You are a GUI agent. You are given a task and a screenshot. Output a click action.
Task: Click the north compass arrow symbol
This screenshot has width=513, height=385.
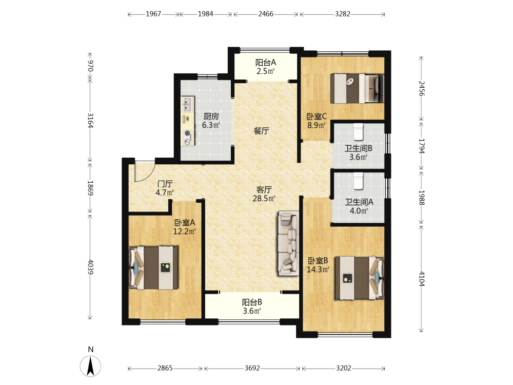click(x=90, y=366)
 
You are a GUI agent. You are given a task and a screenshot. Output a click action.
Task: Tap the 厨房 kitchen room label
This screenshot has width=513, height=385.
click(x=211, y=116)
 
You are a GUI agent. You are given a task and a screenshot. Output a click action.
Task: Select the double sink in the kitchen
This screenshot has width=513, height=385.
click(x=188, y=104)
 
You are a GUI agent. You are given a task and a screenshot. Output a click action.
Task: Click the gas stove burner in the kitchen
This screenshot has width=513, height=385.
click(x=188, y=137)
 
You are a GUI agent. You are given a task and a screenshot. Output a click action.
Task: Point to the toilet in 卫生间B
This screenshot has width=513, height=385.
click(x=359, y=131)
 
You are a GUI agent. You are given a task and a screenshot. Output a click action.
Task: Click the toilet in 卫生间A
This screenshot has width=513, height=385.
click(x=359, y=181)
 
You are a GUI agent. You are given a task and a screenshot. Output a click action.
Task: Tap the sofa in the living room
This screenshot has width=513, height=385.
click(x=288, y=243)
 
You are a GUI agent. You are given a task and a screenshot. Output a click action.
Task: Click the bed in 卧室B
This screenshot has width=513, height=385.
click(x=359, y=278)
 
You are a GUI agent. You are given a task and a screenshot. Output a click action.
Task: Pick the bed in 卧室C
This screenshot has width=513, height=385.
click(x=357, y=88)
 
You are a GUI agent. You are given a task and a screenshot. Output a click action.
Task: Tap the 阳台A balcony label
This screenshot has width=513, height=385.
click(x=265, y=62)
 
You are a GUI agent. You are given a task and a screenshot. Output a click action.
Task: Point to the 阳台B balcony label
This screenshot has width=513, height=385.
click(x=251, y=302)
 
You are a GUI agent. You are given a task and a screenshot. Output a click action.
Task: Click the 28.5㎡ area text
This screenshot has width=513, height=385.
click(x=264, y=198)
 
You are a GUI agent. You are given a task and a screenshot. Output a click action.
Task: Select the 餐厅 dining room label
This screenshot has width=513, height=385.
click(x=262, y=131)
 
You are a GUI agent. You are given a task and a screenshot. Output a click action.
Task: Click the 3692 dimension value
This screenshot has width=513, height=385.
click(x=252, y=368)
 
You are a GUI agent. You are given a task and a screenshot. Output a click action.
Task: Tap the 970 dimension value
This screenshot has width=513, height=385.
click(x=91, y=66)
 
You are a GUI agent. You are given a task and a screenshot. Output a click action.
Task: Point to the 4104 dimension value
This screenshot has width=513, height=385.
click(x=422, y=279)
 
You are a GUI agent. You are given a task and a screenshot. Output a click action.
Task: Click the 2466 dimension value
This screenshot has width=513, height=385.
click(x=266, y=14)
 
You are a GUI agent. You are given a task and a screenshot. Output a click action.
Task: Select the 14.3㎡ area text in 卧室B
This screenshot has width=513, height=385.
click(x=318, y=269)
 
